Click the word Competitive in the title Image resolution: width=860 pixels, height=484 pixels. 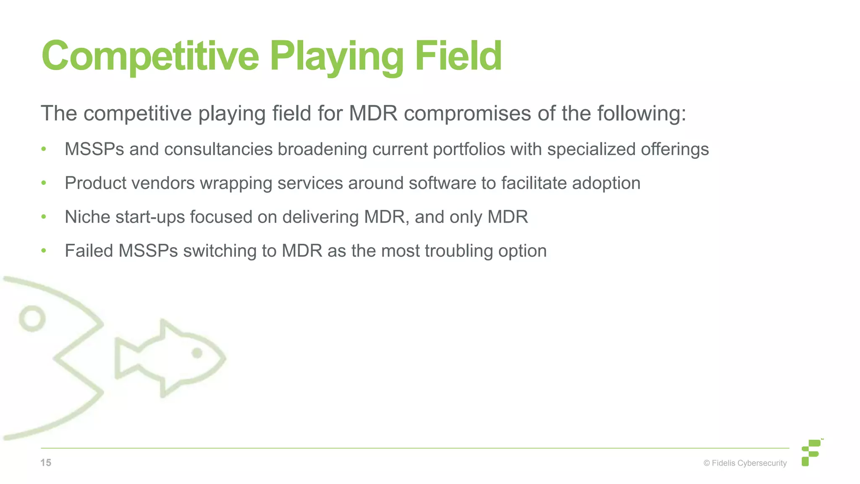[x=150, y=56]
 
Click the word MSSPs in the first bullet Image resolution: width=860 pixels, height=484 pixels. [x=94, y=150]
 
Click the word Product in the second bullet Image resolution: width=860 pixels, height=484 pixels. [x=94, y=183]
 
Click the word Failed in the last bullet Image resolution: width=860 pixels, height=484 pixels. [x=89, y=251]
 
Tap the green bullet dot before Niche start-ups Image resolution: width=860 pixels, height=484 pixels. [x=44, y=217]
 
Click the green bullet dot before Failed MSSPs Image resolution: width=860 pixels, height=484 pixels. [x=44, y=251]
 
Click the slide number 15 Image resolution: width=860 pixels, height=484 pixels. [x=46, y=463]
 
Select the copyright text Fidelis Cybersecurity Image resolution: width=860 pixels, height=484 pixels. [x=745, y=463]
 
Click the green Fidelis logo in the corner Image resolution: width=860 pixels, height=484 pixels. [x=811, y=452]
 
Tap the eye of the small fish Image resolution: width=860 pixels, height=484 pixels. [x=197, y=353]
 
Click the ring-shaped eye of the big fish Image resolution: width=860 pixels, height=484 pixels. [x=32, y=318]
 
